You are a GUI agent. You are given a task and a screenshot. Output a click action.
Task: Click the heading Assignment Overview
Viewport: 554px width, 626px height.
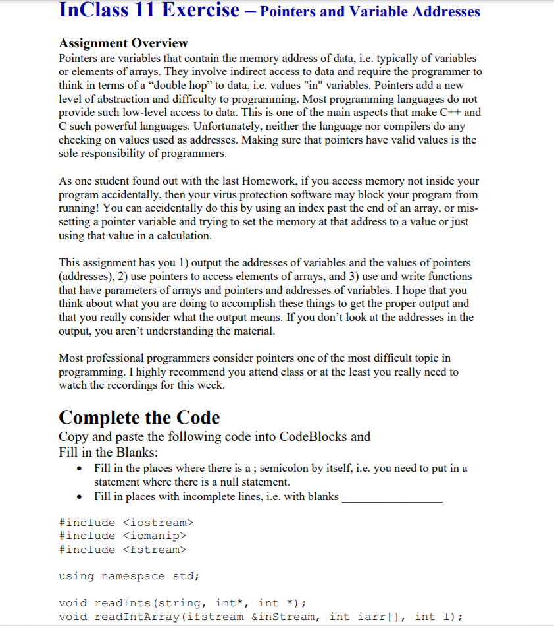123,43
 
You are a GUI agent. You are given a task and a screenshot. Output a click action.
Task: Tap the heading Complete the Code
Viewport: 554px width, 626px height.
139,418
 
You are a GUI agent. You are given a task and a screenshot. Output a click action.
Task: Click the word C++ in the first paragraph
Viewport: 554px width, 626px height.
449,113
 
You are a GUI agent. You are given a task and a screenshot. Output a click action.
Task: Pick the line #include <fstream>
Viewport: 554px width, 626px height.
123,549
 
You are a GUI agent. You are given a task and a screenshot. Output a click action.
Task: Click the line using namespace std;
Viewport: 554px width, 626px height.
130,576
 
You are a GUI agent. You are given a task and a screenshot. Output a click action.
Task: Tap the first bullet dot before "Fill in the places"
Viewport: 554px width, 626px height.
79,469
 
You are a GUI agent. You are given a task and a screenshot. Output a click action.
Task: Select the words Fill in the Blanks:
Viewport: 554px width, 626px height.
108,453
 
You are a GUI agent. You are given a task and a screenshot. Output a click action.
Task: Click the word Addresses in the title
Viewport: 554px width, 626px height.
446,11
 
